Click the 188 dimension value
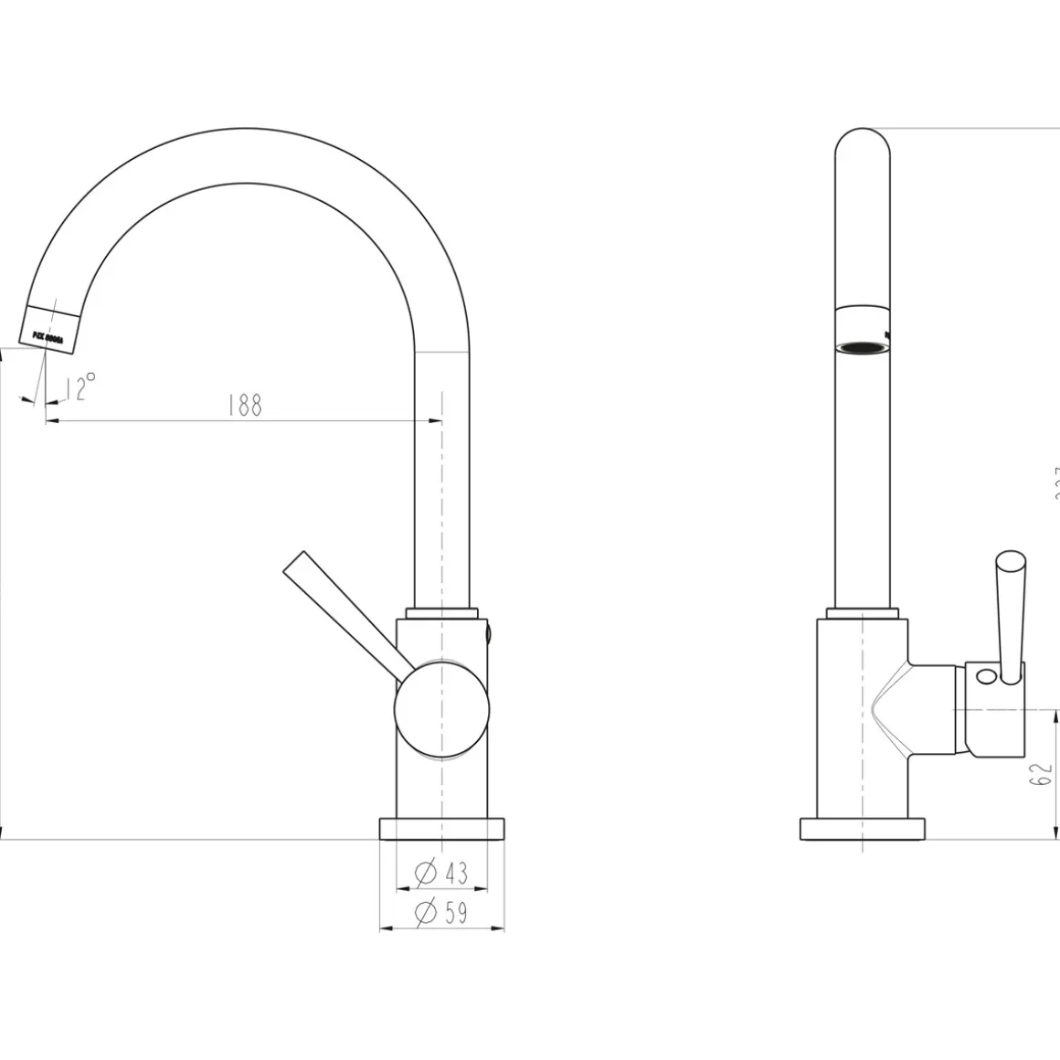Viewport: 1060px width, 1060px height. coord(245,405)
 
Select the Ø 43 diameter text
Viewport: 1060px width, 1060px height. coord(441,874)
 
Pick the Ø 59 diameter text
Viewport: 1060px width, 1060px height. coord(441,913)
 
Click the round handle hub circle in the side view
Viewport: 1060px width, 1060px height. coord(441,707)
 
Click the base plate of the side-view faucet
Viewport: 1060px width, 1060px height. coord(441,829)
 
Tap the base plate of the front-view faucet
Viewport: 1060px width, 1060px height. coord(863,829)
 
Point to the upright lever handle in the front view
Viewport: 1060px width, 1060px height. coord(1010,612)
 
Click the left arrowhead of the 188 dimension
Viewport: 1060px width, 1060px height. coord(51,421)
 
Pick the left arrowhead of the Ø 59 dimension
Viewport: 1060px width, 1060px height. coord(385,929)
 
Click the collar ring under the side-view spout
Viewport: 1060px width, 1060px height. coord(444,612)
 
